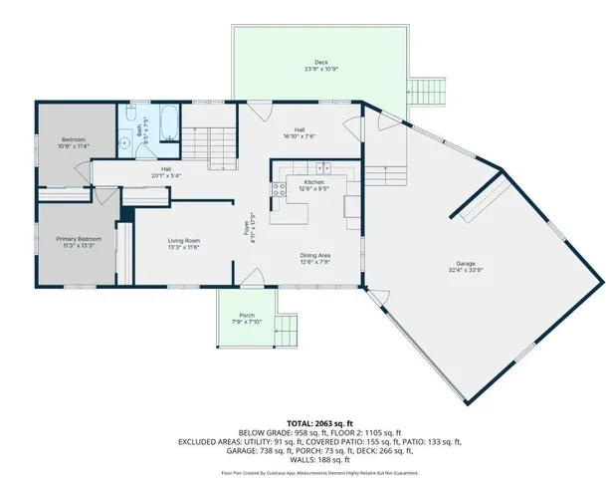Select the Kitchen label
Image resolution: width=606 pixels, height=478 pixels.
(314, 183)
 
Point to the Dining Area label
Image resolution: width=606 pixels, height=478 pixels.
(314, 255)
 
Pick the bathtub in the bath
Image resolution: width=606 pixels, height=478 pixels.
(165, 122)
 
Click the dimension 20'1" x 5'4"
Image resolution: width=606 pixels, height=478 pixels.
(165, 175)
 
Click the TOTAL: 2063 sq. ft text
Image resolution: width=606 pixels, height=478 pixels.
(303, 423)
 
